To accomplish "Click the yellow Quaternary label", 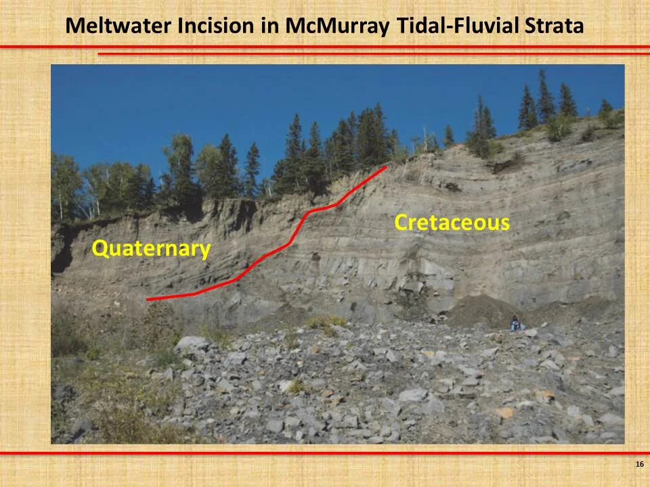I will click(x=151, y=249).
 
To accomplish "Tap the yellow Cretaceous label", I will click(x=452, y=223).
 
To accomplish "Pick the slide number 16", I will click(x=639, y=464).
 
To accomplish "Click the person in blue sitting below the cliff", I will click(x=516, y=324).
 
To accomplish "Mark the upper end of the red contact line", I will click(x=386, y=166).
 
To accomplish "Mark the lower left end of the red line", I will click(x=148, y=299).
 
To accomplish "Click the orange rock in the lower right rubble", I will click(x=504, y=412).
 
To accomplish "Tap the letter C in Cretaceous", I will click(x=402, y=223).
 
